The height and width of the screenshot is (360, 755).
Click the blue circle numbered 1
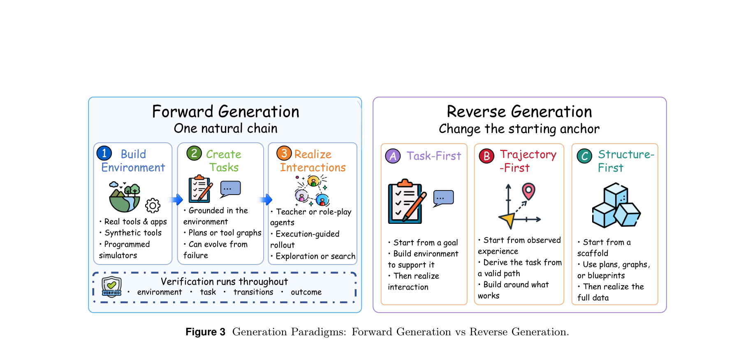(104, 153)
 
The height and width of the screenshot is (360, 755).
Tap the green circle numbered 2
(194, 153)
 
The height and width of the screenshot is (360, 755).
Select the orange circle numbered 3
(284, 153)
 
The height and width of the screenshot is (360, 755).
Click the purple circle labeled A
(393, 156)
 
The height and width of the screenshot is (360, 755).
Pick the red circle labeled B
(486, 156)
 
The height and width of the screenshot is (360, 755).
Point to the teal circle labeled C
(584, 156)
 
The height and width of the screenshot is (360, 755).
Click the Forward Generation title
(226, 111)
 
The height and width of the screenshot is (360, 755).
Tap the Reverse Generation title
(519, 111)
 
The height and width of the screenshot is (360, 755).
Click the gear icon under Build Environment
(153, 205)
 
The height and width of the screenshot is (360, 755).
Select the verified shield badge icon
(112, 287)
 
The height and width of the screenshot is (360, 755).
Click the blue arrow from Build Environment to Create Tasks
(177, 200)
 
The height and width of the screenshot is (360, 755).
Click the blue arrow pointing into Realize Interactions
(266, 200)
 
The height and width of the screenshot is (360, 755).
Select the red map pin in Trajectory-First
(528, 191)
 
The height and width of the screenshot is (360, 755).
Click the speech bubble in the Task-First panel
(443, 198)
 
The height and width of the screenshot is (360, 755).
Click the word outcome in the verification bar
(306, 292)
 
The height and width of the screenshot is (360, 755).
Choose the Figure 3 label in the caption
(206, 332)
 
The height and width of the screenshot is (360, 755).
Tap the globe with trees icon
(125, 197)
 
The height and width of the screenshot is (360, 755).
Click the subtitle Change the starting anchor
(519, 129)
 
